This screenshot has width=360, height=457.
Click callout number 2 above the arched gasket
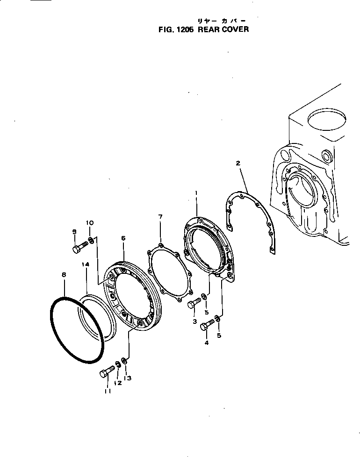coord(238,163)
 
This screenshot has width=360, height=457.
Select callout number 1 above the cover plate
coord(196,193)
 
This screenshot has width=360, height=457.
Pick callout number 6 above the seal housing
coord(123,238)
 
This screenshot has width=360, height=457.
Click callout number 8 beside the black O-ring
coord(64,276)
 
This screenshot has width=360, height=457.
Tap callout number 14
coord(86,264)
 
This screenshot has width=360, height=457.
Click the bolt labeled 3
coord(194,303)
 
